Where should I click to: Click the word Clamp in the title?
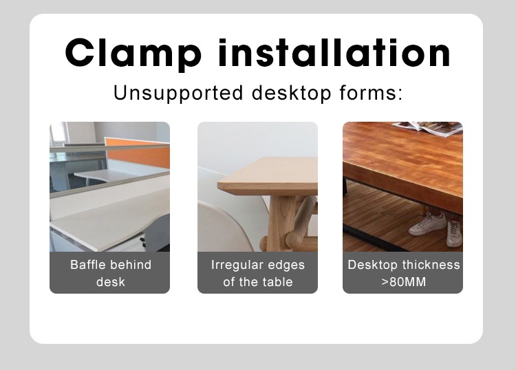(x=133, y=53)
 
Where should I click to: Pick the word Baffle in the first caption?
(x=87, y=265)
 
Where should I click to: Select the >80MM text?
(x=403, y=282)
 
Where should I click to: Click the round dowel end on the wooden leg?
(x=264, y=243)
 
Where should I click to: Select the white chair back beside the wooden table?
(x=227, y=227)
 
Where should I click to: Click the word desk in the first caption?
(x=110, y=282)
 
